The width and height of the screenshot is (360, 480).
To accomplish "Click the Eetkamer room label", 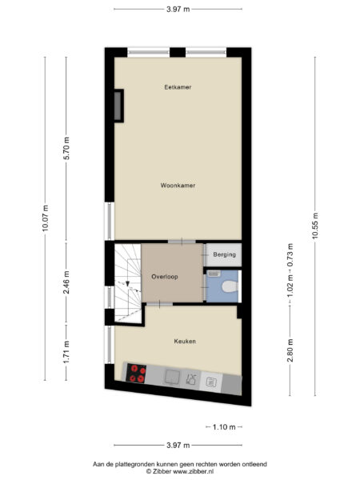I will [178, 86].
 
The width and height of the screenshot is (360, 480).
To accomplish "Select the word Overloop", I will [164, 276].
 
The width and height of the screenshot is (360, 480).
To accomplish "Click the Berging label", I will [224, 255].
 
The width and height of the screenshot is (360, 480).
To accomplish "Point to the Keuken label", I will [185, 341].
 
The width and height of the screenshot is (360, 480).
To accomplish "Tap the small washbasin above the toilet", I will [213, 274].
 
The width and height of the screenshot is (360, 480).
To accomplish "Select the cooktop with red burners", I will [137, 373].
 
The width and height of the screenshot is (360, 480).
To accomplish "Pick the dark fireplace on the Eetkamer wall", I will [119, 106].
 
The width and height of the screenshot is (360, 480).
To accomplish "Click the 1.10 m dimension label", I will [225, 426].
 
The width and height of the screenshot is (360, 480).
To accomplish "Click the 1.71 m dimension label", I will [67, 350].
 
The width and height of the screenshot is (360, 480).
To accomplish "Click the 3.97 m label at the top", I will [178, 10].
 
